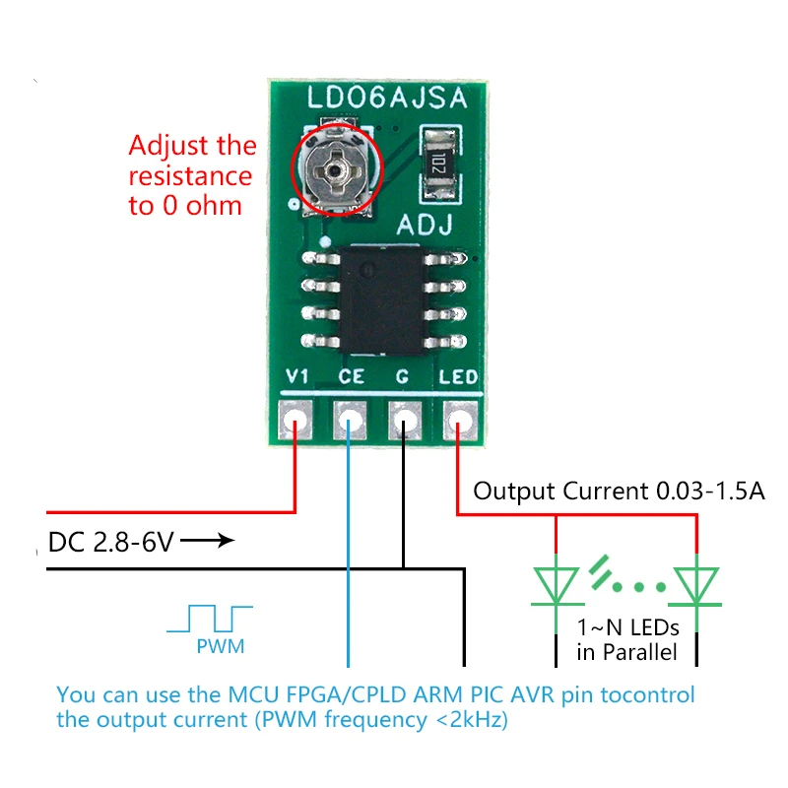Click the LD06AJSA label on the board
coord(387,98)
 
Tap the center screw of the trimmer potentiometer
coord(334,170)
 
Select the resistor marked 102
coord(439,164)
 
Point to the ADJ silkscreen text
coord(425,226)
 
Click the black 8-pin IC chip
coord(383,300)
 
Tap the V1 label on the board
coord(296,376)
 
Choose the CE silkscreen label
coord(351,376)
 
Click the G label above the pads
coord(402,377)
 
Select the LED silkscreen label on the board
coord(458,377)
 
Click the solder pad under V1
coord(295,420)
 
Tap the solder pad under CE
coord(350,420)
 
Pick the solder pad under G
coord(405,420)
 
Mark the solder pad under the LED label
coord(459,420)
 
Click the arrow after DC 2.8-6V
coord(207,541)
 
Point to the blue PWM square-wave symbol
coord(210,619)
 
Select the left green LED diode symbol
coord(556,586)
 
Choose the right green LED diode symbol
coord(696,586)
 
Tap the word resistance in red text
coord(190,176)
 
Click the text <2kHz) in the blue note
coord(472,720)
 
